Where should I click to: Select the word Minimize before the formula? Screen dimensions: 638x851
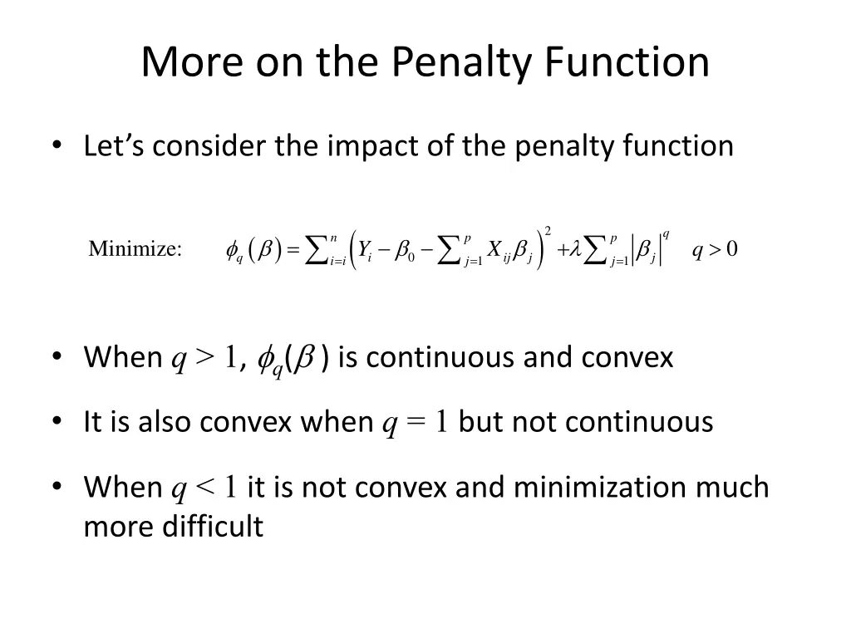(135, 249)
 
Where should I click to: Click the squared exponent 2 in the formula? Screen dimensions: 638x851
(548, 230)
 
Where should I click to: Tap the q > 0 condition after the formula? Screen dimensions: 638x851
(715, 249)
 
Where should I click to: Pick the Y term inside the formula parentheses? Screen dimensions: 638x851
(364, 249)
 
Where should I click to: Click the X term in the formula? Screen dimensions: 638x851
(494, 249)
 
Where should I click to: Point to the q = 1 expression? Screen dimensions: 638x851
(416, 422)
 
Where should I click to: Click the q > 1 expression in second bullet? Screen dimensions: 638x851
(204, 358)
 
